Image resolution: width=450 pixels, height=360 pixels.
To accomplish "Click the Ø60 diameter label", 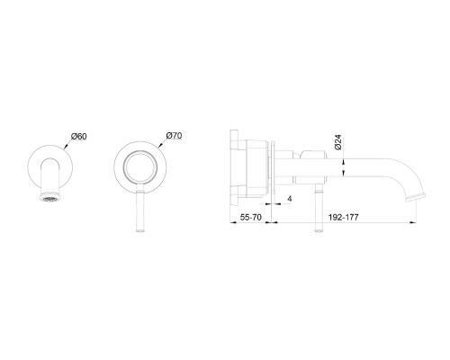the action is point(79,136).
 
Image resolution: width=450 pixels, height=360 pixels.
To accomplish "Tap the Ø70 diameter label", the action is point(174,136).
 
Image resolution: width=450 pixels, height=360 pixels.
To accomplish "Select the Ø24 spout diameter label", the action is point(337,142).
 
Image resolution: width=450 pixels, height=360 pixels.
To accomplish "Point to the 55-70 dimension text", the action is point(251,217).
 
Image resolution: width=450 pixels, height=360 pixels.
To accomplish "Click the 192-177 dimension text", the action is point(344,217).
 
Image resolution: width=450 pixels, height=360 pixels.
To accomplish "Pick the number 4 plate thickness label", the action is point(290,199).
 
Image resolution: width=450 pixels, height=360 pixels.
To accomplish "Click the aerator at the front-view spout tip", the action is point(50,198).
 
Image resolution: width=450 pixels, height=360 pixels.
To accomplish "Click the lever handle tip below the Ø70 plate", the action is point(140,230).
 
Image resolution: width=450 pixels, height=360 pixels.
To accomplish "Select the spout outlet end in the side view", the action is point(416,198).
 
